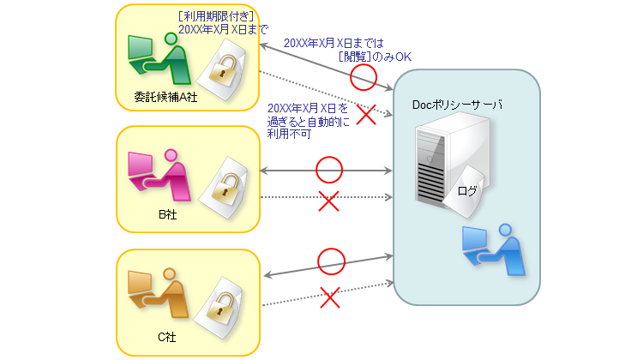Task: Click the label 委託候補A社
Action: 166,97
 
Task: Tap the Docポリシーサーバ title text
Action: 457,105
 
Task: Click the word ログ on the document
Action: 467,190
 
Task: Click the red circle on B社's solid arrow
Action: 329,170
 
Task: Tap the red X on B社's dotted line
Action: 329,202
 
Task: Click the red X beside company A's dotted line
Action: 366,115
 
